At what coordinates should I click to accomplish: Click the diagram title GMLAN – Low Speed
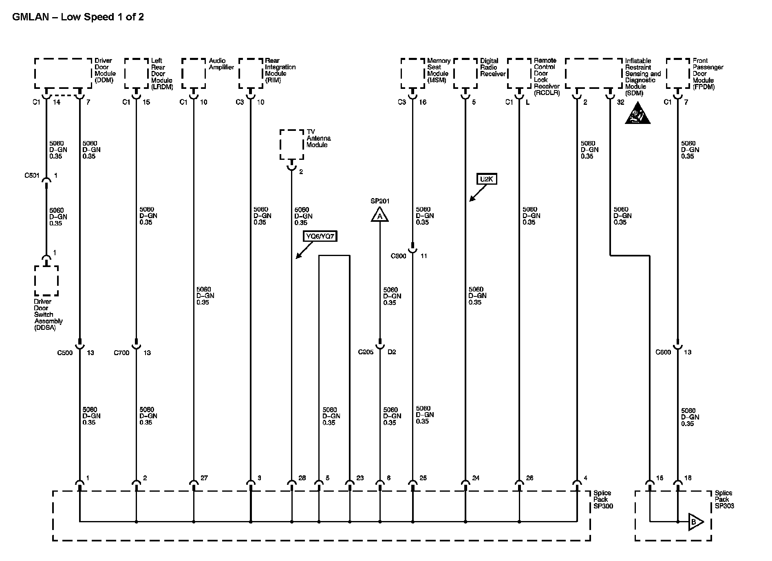[x=78, y=17]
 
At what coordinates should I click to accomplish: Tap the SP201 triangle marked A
[x=379, y=215]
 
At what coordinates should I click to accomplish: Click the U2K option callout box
[x=487, y=179]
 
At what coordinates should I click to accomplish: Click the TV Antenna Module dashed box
[x=292, y=144]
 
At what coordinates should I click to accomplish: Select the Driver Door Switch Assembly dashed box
[x=46, y=280]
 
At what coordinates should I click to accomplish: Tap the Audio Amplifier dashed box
[x=194, y=73]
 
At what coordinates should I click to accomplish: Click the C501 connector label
[x=32, y=176]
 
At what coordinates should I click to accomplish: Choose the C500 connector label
[x=65, y=353]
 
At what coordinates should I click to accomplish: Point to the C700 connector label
[x=121, y=353]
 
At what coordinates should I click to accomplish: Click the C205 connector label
[x=366, y=352]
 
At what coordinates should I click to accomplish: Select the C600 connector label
[x=663, y=352]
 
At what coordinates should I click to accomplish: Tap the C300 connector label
[x=398, y=256]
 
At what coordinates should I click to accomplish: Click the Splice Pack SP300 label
[x=603, y=499]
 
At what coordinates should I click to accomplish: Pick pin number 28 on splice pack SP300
[x=302, y=478]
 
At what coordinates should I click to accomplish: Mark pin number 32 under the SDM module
[x=620, y=102]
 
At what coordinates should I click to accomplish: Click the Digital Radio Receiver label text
[x=492, y=67]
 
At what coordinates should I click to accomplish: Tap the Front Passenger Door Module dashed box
[x=678, y=73]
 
